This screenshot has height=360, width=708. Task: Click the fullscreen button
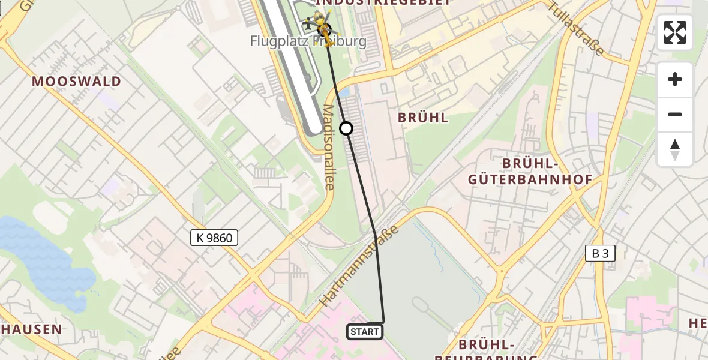(675, 32)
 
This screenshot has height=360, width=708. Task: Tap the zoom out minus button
(675, 115)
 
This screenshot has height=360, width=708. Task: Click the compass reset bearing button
(675, 149)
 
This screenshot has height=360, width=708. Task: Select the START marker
(364, 332)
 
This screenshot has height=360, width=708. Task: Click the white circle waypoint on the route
(346, 128)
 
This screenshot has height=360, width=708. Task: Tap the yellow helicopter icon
(323, 28)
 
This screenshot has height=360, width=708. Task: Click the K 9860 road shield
(214, 238)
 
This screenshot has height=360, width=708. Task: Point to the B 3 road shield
(600, 253)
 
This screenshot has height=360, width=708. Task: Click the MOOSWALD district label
(76, 82)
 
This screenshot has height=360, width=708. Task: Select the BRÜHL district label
(423, 118)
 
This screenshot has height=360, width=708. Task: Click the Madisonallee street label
(329, 148)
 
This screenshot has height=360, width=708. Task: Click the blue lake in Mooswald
(42, 258)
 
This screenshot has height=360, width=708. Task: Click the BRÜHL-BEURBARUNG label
(497, 350)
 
